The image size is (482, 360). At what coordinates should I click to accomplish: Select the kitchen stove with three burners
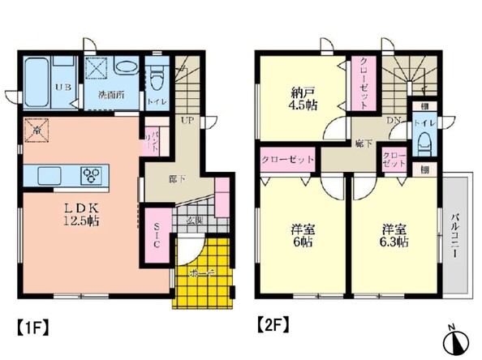click(93, 175)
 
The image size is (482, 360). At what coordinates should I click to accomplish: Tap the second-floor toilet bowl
click(422, 144)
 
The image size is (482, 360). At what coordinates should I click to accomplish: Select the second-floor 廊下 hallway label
click(363, 143)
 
